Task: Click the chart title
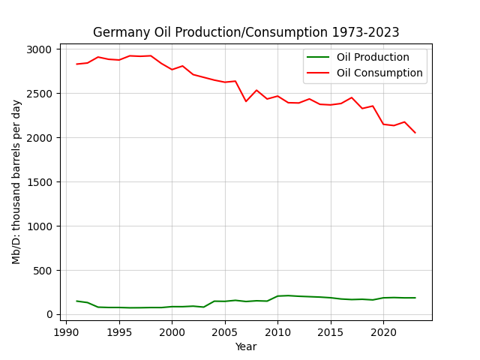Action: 246,32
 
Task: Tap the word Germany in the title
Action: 121,33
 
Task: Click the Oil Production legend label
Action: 373,57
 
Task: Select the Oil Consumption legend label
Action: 379,73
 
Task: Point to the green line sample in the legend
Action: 318,57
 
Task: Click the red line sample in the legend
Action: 318,73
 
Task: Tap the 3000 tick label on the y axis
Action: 39,49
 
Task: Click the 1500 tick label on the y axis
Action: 40,182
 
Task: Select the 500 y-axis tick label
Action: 43,271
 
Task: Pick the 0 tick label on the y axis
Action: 49,315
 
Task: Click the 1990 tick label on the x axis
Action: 66,332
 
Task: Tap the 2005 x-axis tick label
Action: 225,332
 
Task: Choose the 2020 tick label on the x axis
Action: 383,332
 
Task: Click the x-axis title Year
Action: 246,346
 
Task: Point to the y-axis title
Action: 16,182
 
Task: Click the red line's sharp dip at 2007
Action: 246,101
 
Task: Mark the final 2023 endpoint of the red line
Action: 415,133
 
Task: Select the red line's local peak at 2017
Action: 352,97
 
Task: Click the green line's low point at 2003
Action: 204,307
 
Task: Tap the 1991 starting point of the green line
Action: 76,301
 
